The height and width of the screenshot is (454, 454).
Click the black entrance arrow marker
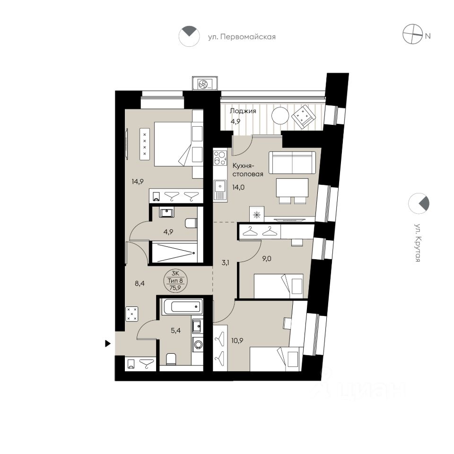(108, 344)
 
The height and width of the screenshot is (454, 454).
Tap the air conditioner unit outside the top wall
(205, 84)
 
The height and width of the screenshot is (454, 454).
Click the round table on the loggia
(280, 116)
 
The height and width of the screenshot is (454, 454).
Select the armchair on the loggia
(303, 117)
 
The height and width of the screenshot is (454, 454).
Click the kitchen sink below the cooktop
(220, 190)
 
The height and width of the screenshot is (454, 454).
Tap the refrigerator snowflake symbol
(256, 215)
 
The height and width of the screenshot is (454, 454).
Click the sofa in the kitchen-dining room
(292, 162)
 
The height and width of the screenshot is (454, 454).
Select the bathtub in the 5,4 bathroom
(182, 306)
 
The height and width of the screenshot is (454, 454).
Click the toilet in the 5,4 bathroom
(171, 359)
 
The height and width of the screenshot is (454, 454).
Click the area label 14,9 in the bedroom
(138, 182)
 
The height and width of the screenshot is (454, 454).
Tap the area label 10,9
(237, 340)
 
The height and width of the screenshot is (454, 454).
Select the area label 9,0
(267, 259)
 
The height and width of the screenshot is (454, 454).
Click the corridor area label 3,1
(225, 263)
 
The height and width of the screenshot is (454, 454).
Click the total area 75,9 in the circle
(175, 288)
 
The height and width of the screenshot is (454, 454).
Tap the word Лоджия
(243, 111)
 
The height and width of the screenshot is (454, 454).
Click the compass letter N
(428, 36)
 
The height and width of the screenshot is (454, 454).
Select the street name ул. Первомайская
(242, 37)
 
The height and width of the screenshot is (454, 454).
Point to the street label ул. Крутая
(418, 242)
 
